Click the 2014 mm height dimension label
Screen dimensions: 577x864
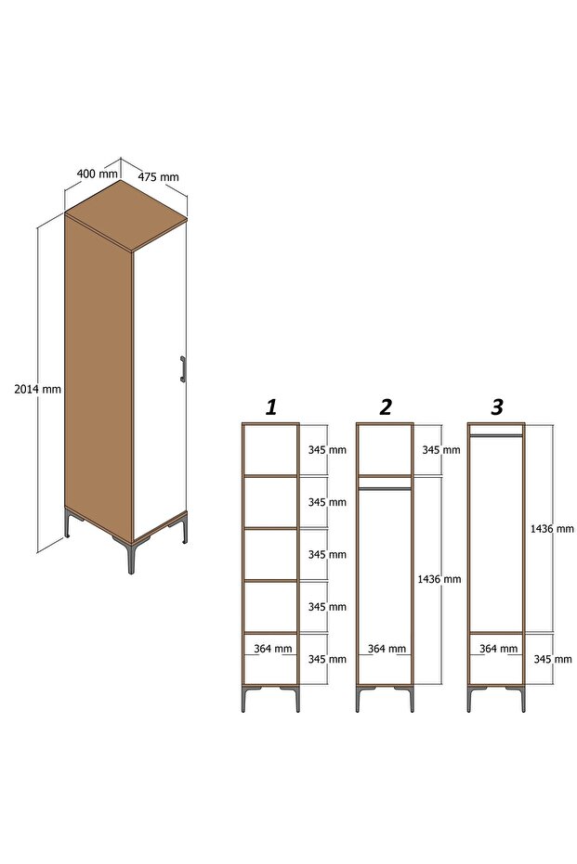[37, 389]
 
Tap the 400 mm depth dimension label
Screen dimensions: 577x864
[97, 174]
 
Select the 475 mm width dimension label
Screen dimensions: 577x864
[158, 177]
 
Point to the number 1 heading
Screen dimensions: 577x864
[271, 407]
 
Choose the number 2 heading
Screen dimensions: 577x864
[385, 407]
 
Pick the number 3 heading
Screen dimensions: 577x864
[497, 407]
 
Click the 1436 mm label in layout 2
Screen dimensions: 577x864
[439, 579]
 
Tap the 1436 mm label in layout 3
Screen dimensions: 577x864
[552, 528]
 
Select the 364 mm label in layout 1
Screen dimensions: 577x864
[273, 649]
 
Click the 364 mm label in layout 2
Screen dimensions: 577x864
[387, 649]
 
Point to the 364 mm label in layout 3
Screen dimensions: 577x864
[499, 649]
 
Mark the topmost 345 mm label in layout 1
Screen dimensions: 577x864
[327, 449]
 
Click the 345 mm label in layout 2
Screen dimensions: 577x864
[441, 449]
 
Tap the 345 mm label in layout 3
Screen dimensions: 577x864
[553, 659]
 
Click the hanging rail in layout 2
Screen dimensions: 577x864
[385, 488]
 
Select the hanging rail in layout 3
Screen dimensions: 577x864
[496, 435]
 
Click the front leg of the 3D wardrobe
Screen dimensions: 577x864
[131, 558]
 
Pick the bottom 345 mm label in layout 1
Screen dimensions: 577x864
[327, 659]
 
